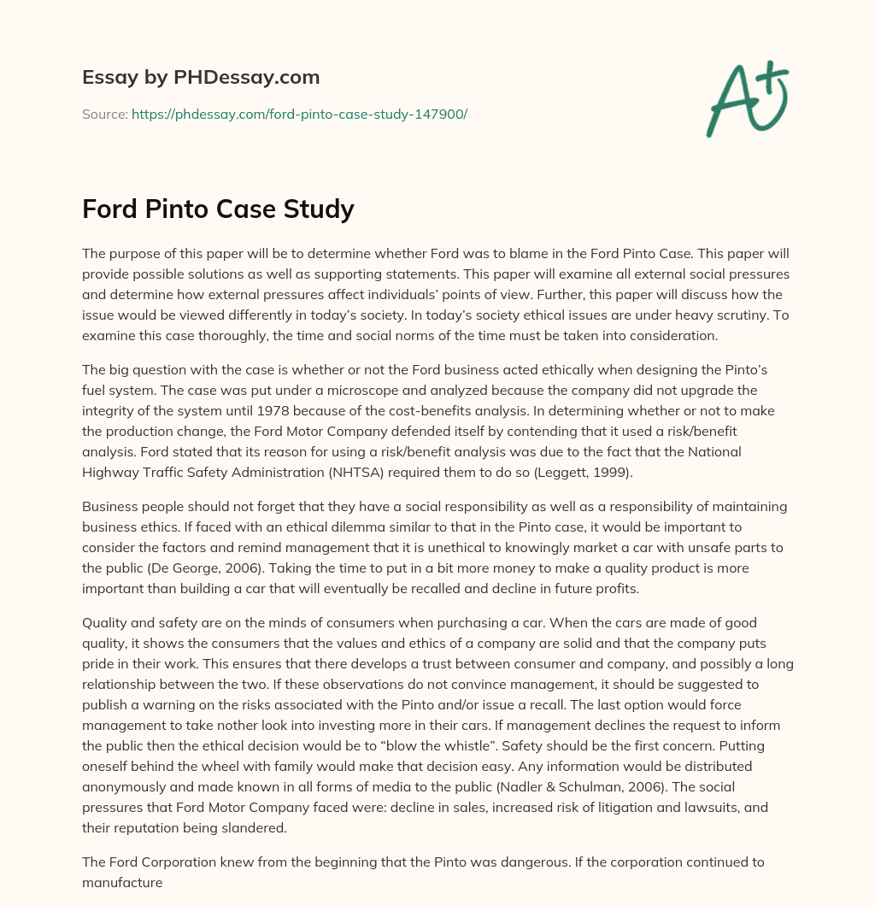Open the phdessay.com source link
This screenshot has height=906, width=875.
(x=299, y=114)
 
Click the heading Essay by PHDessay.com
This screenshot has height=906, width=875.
(x=201, y=78)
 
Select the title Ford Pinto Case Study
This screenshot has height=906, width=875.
(x=218, y=209)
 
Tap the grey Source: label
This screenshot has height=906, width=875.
(x=105, y=114)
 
